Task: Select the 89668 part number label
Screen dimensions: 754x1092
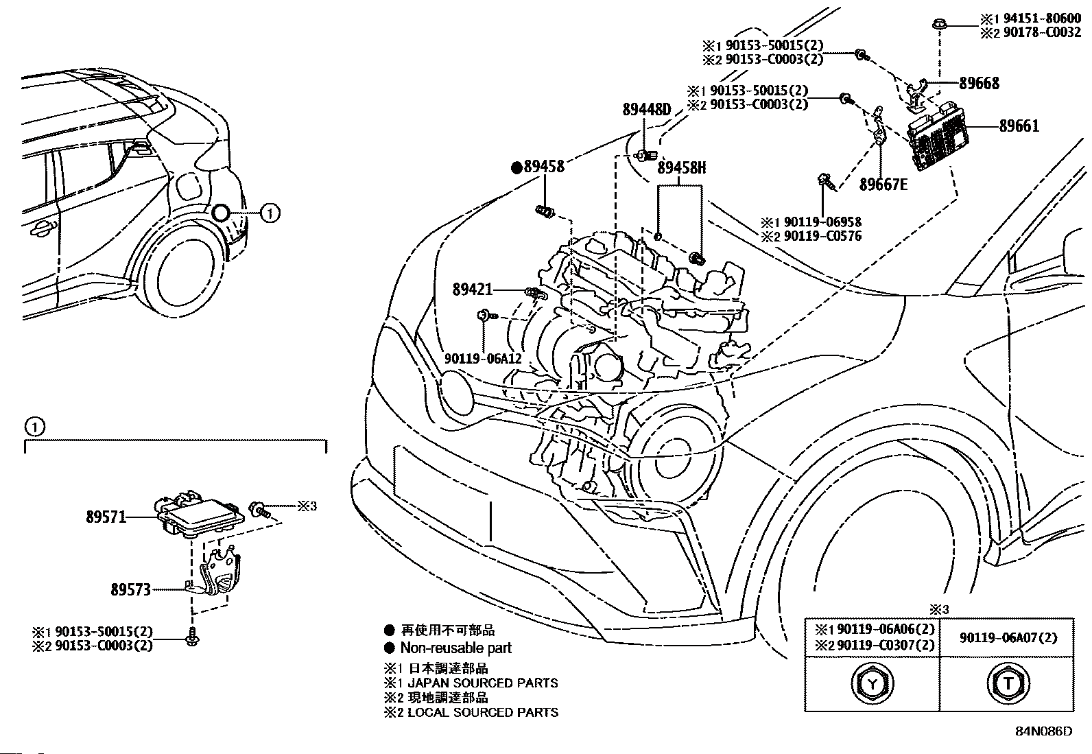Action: click(x=979, y=84)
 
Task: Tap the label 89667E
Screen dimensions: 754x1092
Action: click(x=883, y=185)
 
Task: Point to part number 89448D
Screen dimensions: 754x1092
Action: click(x=646, y=109)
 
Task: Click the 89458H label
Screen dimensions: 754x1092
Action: click(x=681, y=167)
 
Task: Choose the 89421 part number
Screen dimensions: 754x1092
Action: click(x=473, y=290)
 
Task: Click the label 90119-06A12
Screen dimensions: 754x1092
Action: click(x=483, y=359)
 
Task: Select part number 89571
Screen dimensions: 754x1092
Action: click(x=106, y=517)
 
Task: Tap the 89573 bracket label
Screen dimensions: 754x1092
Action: click(x=130, y=589)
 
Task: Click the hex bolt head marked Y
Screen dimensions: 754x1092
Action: click(x=872, y=683)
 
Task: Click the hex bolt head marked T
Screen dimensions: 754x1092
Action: click(x=1008, y=683)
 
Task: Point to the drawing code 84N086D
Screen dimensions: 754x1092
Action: click(x=1043, y=731)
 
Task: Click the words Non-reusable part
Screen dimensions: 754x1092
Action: click(x=456, y=648)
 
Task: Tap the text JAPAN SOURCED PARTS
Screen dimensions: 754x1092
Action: click(x=483, y=683)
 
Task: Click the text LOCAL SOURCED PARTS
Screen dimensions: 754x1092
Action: click(x=483, y=713)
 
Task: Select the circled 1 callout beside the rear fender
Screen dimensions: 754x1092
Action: click(x=270, y=214)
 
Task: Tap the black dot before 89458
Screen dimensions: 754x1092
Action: click(x=517, y=167)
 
